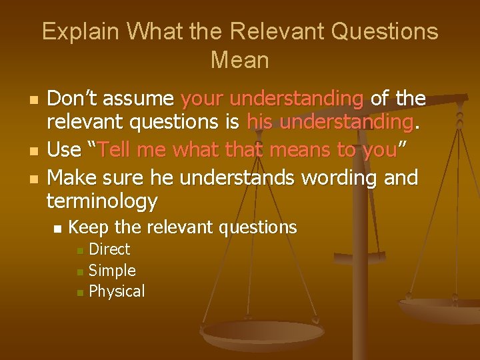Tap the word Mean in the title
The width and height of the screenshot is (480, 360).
(240, 60)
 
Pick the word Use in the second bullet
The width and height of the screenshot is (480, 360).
(63, 150)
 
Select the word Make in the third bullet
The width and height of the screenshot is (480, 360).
(71, 177)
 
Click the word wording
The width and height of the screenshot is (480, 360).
(343, 177)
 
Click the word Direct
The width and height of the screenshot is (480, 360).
(109, 249)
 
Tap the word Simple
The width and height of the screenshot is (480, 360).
(112, 271)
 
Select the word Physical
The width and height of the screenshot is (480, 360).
(117, 291)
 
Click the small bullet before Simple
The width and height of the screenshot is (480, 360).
(80, 272)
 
